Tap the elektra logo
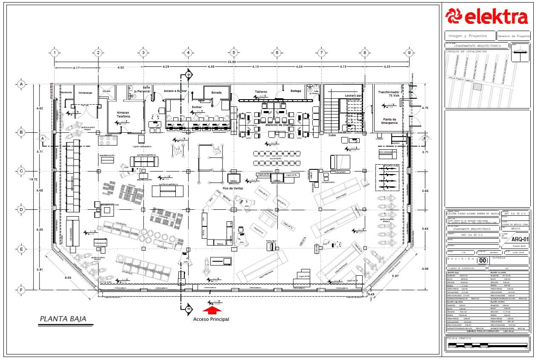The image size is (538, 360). tap(487, 17)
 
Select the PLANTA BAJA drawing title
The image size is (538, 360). tap(63, 318)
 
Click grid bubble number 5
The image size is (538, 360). tap(233, 53)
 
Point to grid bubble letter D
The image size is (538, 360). tap(21, 209)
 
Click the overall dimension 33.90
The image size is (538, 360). tap(232, 62)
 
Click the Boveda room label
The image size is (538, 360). tap(217, 92)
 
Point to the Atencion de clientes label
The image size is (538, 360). tap(280, 125)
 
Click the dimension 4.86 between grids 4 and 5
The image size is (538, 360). tap(211, 67)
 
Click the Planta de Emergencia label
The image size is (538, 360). tap(389, 121)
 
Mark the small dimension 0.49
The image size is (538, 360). tap(372, 294)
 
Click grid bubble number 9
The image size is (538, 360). tap(409, 53)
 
